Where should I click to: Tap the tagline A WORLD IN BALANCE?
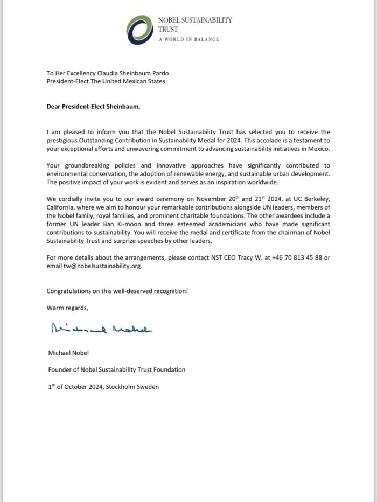click(x=188, y=40)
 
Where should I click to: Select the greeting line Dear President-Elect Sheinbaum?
click(x=93, y=106)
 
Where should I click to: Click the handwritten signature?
click(x=102, y=329)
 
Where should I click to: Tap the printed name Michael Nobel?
click(x=69, y=353)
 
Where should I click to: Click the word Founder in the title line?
click(x=60, y=369)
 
